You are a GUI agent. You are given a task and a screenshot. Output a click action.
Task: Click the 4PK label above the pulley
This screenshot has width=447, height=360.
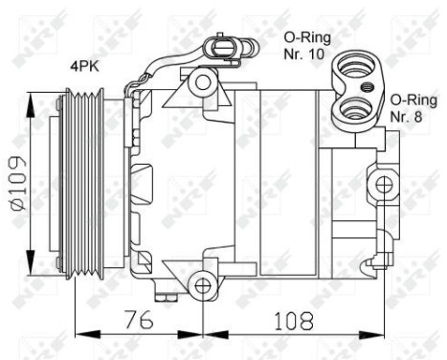click(x=81, y=67)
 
